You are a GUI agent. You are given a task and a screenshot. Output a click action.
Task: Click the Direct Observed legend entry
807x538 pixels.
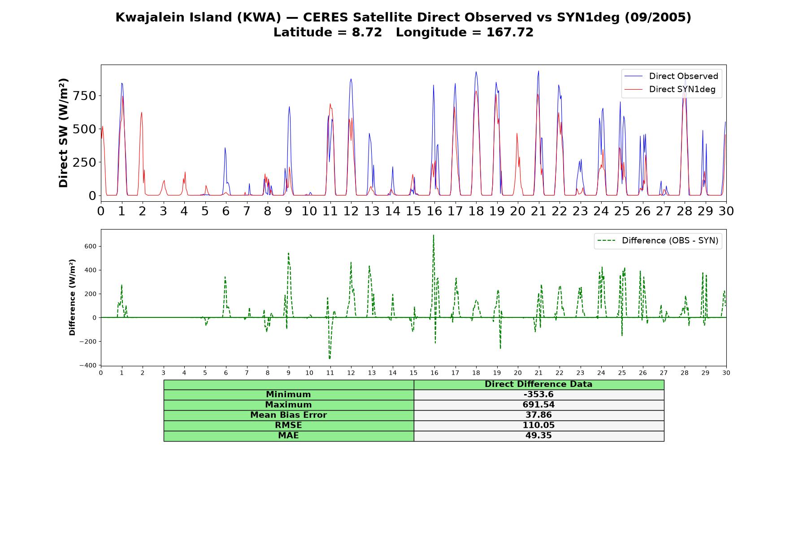(671, 76)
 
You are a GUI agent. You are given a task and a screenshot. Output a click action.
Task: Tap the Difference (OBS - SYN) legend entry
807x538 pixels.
(658, 241)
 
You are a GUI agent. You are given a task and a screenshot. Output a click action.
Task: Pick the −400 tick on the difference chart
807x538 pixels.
(88, 365)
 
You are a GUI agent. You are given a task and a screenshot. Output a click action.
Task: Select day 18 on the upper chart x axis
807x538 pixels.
(476, 211)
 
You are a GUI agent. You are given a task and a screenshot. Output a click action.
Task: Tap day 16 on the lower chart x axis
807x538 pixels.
(434, 373)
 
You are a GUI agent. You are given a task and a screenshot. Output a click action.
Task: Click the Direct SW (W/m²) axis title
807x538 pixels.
(63, 133)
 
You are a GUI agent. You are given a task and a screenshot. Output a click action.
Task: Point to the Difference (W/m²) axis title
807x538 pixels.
(72, 297)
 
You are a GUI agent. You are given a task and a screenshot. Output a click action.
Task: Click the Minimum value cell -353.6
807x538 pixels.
(538, 395)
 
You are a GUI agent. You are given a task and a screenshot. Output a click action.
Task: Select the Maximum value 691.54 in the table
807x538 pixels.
(538, 405)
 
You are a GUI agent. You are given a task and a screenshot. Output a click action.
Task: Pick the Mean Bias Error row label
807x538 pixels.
(288, 415)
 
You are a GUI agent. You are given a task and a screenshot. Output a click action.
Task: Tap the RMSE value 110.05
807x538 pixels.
(538, 425)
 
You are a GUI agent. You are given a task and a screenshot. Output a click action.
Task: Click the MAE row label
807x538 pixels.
(288, 436)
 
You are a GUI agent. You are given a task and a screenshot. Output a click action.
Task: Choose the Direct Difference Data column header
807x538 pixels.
(538, 384)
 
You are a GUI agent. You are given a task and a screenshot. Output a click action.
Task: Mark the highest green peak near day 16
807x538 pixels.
(434, 235)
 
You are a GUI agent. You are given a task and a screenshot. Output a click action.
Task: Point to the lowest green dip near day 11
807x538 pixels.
(330, 359)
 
